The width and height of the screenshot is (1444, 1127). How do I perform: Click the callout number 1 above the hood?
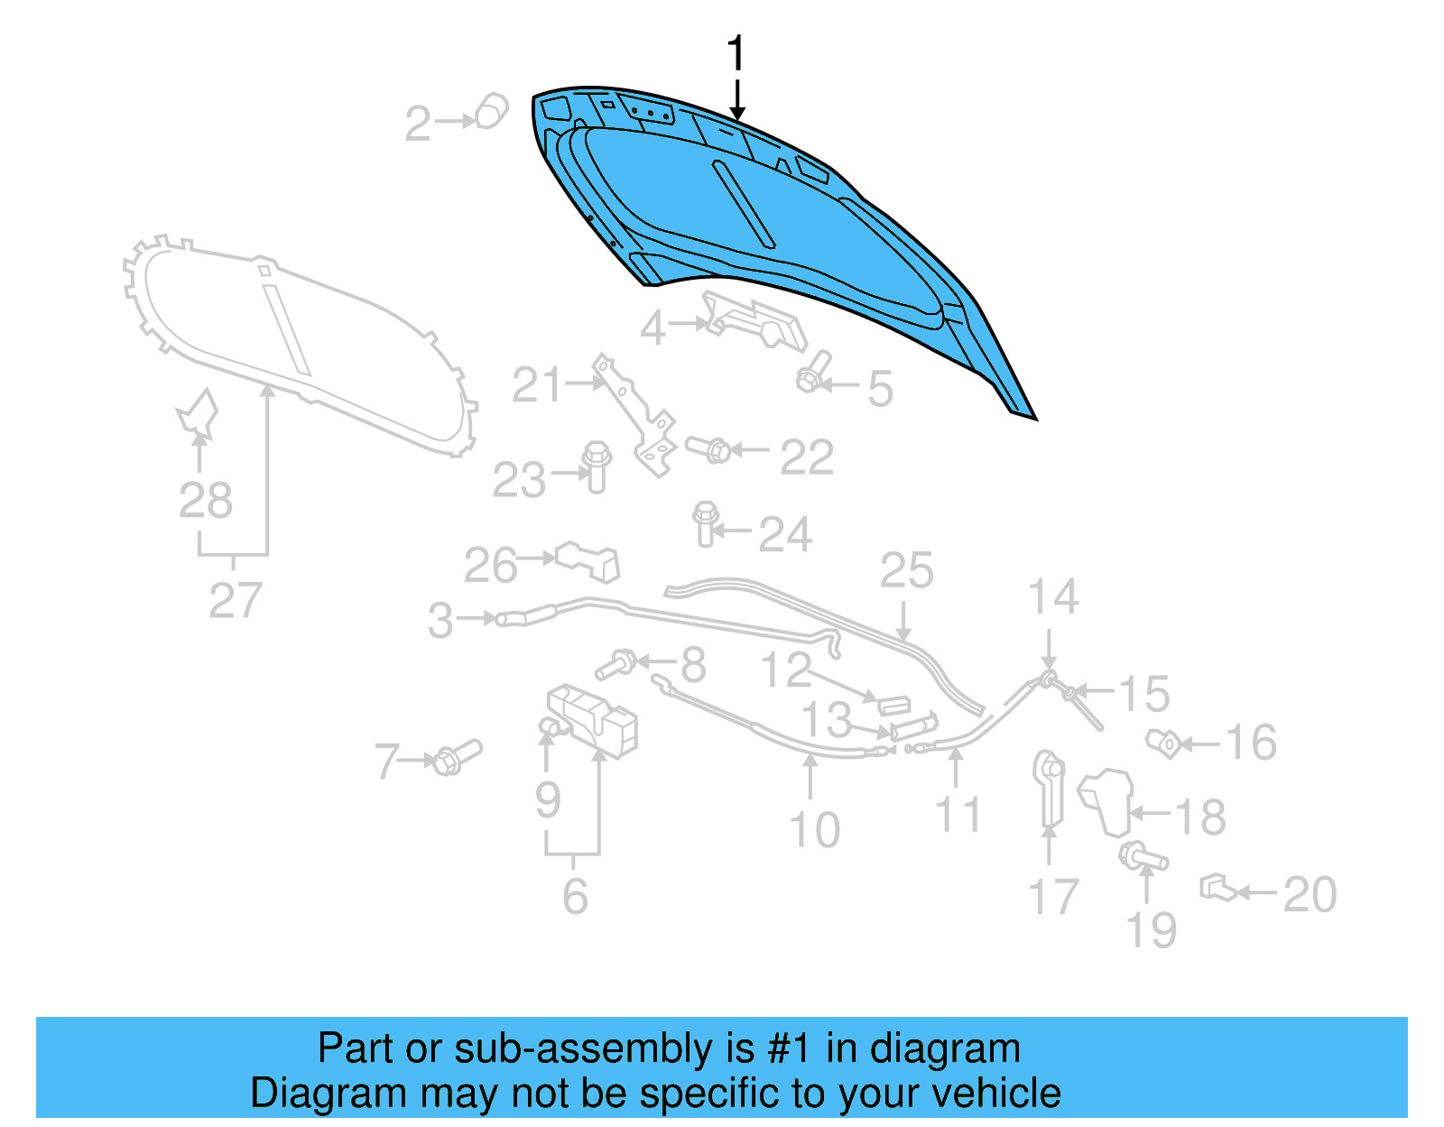(x=736, y=54)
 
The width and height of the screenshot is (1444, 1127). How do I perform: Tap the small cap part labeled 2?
(x=491, y=111)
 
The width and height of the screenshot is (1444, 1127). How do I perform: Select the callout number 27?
(x=235, y=600)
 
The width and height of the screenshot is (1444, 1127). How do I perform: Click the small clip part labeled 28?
(x=199, y=412)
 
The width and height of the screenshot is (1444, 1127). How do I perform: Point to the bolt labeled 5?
(x=813, y=373)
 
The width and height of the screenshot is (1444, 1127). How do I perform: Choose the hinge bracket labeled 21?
(x=637, y=415)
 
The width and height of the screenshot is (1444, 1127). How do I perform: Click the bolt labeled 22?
(x=708, y=448)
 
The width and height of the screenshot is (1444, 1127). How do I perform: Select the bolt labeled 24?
(x=705, y=523)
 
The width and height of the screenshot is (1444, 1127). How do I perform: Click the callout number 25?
(x=906, y=571)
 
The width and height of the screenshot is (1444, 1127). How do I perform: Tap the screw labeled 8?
(x=616, y=665)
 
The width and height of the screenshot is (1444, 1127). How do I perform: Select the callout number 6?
(x=575, y=895)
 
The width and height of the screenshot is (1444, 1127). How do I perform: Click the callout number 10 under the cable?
(x=814, y=829)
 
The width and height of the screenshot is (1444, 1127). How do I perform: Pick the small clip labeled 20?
(x=1217, y=889)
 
